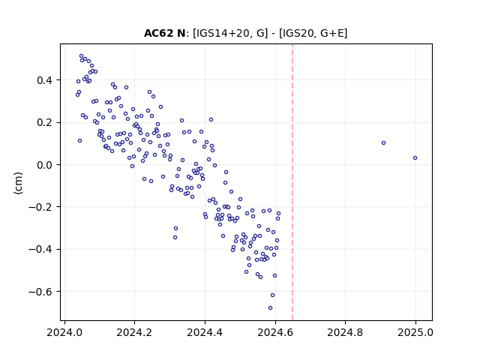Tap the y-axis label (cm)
pos(18,183)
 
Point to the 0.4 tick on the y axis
pos(44,80)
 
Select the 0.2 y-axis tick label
pos(44,122)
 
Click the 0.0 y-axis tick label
pos(44,165)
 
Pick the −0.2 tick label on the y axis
pos(40,207)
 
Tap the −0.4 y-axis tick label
pos(40,249)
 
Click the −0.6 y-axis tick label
pos(40,292)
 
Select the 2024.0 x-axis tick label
pos(64,332)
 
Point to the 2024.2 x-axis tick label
pos(134,332)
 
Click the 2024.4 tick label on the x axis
pos(205,332)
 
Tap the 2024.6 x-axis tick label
pos(275,332)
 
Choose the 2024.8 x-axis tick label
pos(345,332)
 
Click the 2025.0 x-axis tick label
pos(415,332)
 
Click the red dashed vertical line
pos(292,182)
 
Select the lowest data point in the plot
pos(270,307)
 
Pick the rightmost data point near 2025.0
pos(415,158)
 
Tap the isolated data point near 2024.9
pos(383,143)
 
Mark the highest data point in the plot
pos(82,56)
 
